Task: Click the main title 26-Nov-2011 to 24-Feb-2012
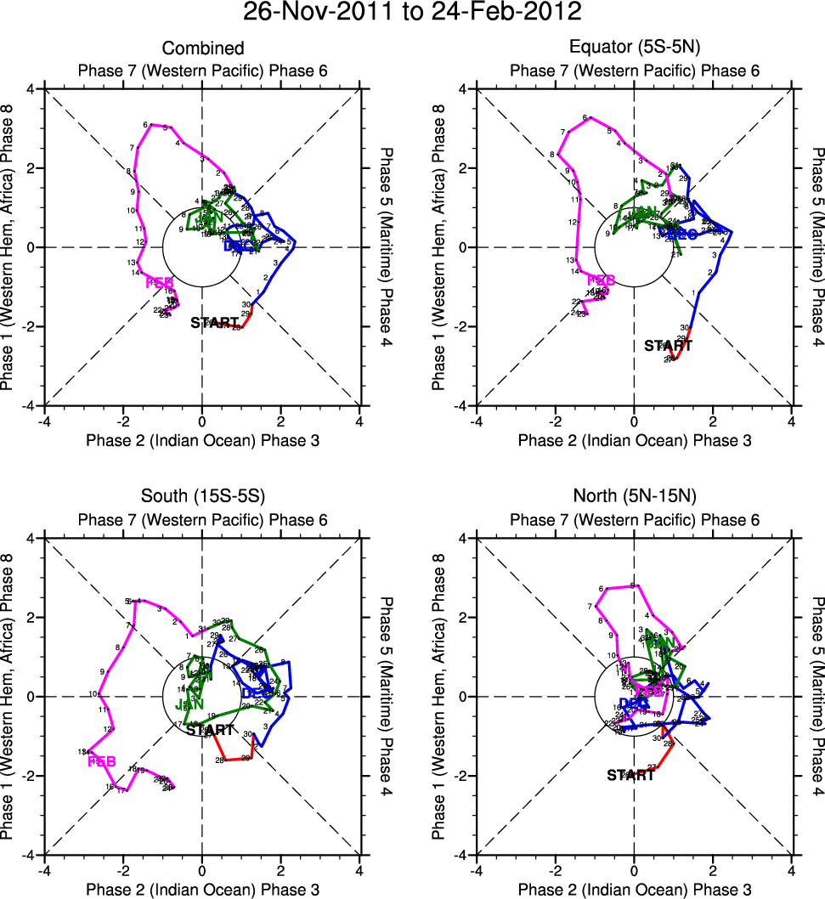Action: click(x=412, y=13)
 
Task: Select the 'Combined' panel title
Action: click(x=202, y=48)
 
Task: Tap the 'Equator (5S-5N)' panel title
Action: click(x=634, y=48)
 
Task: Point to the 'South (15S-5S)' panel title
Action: click(x=202, y=498)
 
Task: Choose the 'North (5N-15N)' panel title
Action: click(x=634, y=498)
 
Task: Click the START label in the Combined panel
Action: click(x=214, y=323)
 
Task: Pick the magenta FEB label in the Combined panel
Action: click(x=160, y=282)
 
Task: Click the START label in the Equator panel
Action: click(x=668, y=346)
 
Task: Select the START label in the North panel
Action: click(x=630, y=775)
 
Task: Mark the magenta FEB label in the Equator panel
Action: click(x=601, y=280)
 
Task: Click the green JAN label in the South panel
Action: click(x=188, y=704)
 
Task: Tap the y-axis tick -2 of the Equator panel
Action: click(x=461, y=327)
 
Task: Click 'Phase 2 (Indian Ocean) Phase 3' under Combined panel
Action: click(x=202, y=440)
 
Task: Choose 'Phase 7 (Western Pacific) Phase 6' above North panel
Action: click(x=634, y=519)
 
